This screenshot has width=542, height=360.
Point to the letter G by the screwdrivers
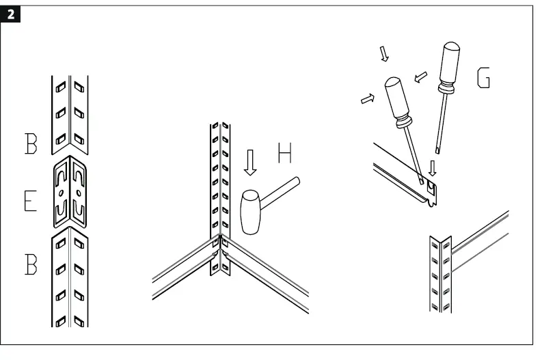[483, 79]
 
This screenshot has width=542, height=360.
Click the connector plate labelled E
[70, 192]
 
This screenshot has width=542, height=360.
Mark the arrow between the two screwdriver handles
[422, 74]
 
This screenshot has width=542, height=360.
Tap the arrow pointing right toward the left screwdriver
[368, 99]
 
